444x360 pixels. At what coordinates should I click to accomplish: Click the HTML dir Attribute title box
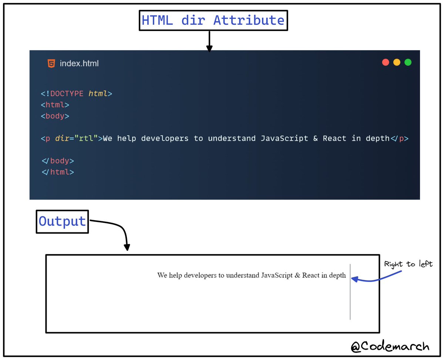213,20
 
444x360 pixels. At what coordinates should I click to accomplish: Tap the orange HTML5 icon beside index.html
51,63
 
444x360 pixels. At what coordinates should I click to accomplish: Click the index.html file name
79,64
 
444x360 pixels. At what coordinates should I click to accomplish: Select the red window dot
386,62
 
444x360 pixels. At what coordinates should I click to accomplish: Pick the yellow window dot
397,62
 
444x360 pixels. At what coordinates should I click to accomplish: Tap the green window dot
408,62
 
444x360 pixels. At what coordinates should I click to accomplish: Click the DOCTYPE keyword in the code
67,94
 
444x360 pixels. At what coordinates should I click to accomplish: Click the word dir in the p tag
62,138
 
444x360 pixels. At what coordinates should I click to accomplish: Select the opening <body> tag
55,116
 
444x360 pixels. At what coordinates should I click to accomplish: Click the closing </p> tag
400,138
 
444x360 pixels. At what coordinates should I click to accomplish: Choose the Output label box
62,222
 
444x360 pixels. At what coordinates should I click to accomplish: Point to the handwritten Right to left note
408,264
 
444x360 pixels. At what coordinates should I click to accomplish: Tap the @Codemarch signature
390,346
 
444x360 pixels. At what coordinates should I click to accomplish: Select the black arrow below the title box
209,41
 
